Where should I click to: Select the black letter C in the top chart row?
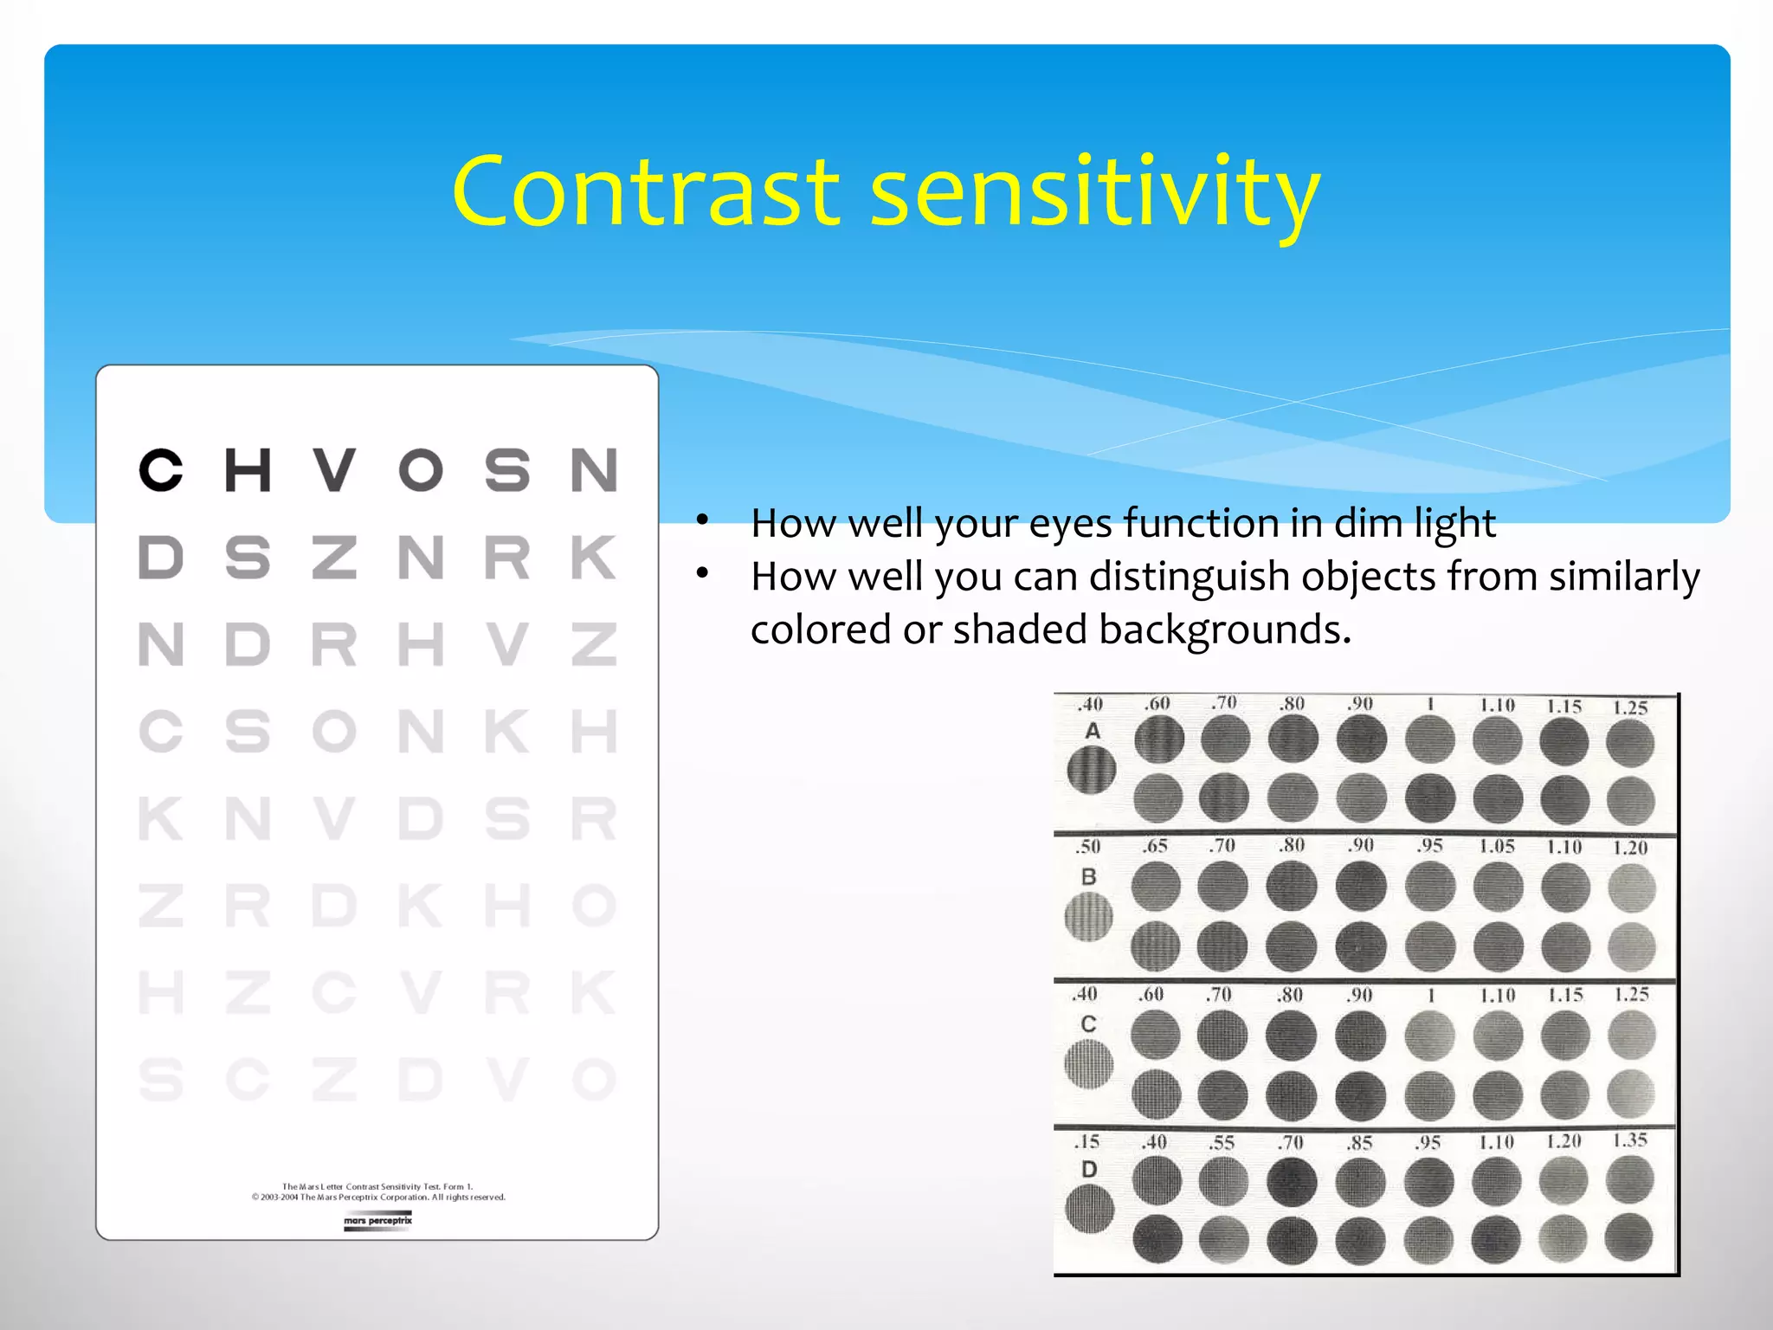[x=161, y=470]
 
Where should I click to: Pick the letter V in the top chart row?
[x=334, y=470]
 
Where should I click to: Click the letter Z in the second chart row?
[x=334, y=557]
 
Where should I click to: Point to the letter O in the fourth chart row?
[x=334, y=732]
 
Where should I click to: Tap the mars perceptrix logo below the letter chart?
[x=377, y=1221]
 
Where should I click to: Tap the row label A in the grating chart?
[x=1093, y=732]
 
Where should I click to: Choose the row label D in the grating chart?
[x=1089, y=1170]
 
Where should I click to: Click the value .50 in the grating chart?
[x=1088, y=846]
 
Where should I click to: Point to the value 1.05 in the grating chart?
[x=1496, y=846]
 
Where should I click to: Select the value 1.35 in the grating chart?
[x=1629, y=1140]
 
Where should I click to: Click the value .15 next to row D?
[x=1087, y=1142]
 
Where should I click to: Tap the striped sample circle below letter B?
[x=1088, y=916]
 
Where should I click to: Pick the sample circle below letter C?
[x=1088, y=1063]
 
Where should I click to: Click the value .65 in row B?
[x=1154, y=846]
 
